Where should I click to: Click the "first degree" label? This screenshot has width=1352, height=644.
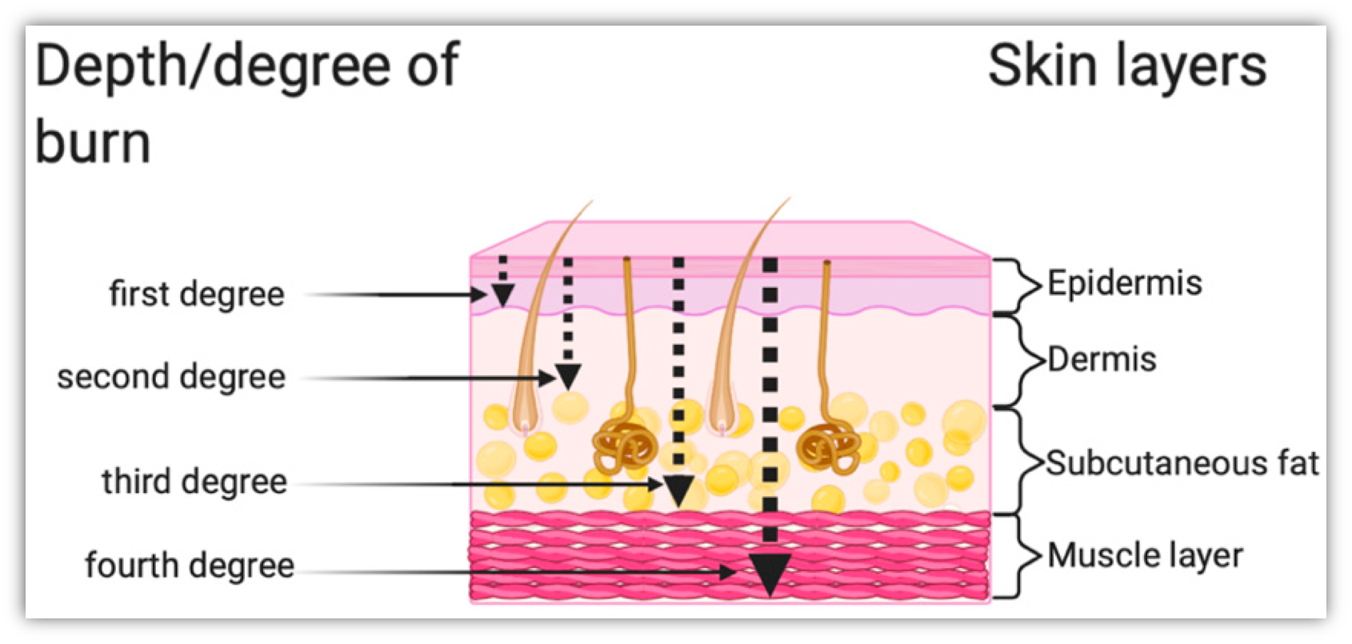click(197, 294)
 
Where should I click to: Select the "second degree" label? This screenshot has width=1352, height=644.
click(171, 377)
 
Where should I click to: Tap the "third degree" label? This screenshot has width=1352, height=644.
click(194, 482)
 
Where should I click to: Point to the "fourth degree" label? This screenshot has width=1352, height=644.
click(190, 566)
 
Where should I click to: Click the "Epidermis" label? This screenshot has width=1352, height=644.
click(1124, 283)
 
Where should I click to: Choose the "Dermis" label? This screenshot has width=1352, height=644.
click(1102, 359)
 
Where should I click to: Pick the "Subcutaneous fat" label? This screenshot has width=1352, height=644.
click(1182, 463)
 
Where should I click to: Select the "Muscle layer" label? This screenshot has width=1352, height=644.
click(1145, 555)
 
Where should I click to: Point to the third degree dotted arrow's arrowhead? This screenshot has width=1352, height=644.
click(679, 490)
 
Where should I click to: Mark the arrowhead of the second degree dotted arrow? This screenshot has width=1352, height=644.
click(568, 376)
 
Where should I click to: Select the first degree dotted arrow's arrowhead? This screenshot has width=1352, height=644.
click(502, 296)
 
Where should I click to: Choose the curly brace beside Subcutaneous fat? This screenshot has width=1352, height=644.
click(1019, 462)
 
